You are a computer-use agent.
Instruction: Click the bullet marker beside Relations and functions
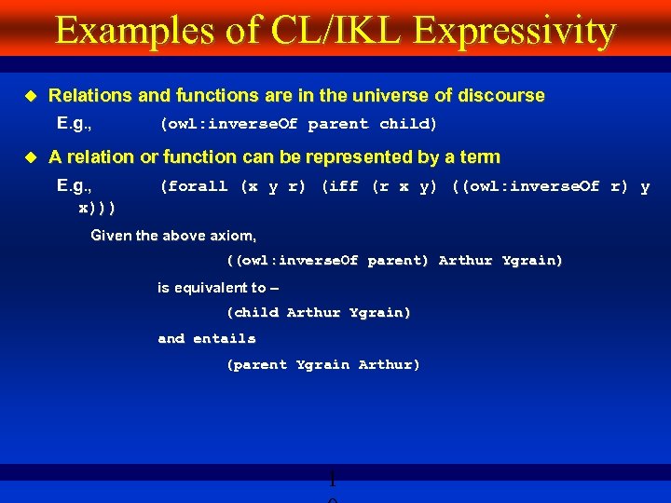(29, 96)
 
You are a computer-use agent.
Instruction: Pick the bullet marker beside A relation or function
(29, 157)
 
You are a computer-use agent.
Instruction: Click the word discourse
(499, 96)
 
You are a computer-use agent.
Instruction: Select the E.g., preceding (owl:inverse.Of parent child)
(80, 123)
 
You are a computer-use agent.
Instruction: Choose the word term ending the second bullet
(479, 157)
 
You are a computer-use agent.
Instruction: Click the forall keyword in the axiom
(197, 186)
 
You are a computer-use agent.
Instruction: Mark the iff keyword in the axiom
(341, 186)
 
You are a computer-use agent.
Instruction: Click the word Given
(111, 236)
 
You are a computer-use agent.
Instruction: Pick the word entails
(225, 338)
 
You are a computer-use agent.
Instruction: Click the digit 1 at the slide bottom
(331, 481)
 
